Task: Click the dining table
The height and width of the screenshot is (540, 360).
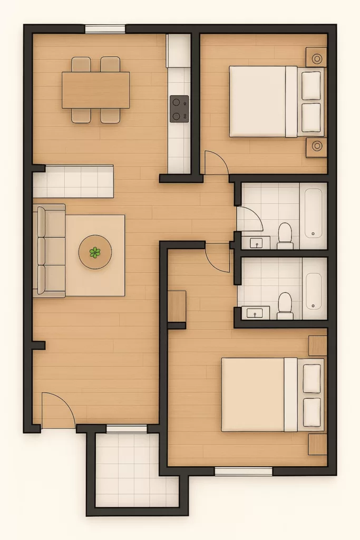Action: point(95,90)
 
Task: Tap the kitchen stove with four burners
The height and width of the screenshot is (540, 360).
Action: point(179,109)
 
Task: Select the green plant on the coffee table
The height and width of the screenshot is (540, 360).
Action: point(95,253)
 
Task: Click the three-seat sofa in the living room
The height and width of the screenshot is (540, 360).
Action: point(48,251)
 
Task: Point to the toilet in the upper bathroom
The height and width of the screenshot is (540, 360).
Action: point(285,235)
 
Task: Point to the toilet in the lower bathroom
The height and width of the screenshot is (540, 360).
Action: point(285,305)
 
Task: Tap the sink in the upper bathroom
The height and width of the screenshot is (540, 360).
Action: point(257,243)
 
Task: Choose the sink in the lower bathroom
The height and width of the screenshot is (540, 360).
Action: point(257,313)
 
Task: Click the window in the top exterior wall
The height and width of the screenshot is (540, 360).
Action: point(105,30)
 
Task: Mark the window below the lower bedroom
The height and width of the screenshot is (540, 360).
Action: point(243,471)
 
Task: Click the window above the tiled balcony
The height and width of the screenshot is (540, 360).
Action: point(127,429)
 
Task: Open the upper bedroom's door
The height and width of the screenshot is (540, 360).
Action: point(216,163)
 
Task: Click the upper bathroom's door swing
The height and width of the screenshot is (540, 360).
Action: point(248,218)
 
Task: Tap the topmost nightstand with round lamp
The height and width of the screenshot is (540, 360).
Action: point(317,57)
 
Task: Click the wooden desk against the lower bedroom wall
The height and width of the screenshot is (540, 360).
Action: point(177,306)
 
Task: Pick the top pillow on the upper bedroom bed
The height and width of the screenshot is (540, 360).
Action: point(311,85)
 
